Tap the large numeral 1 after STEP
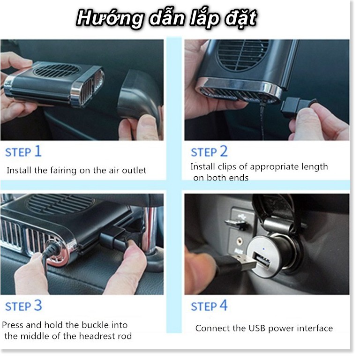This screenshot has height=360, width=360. pyautogui.click(x=38, y=151)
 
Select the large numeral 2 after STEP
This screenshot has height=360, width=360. pyautogui.click(x=224, y=151)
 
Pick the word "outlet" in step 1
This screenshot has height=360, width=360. pyautogui.click(x=134, y=170)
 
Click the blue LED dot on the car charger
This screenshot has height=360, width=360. pyautogui.click(x=263, y=248)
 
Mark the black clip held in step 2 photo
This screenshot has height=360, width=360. pyautogui.click(x=297, y=107)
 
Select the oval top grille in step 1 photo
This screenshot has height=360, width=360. pyautogui.click(x=56, y=70)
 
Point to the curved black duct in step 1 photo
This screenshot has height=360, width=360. pyautogui.click(x=140, y=97)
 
